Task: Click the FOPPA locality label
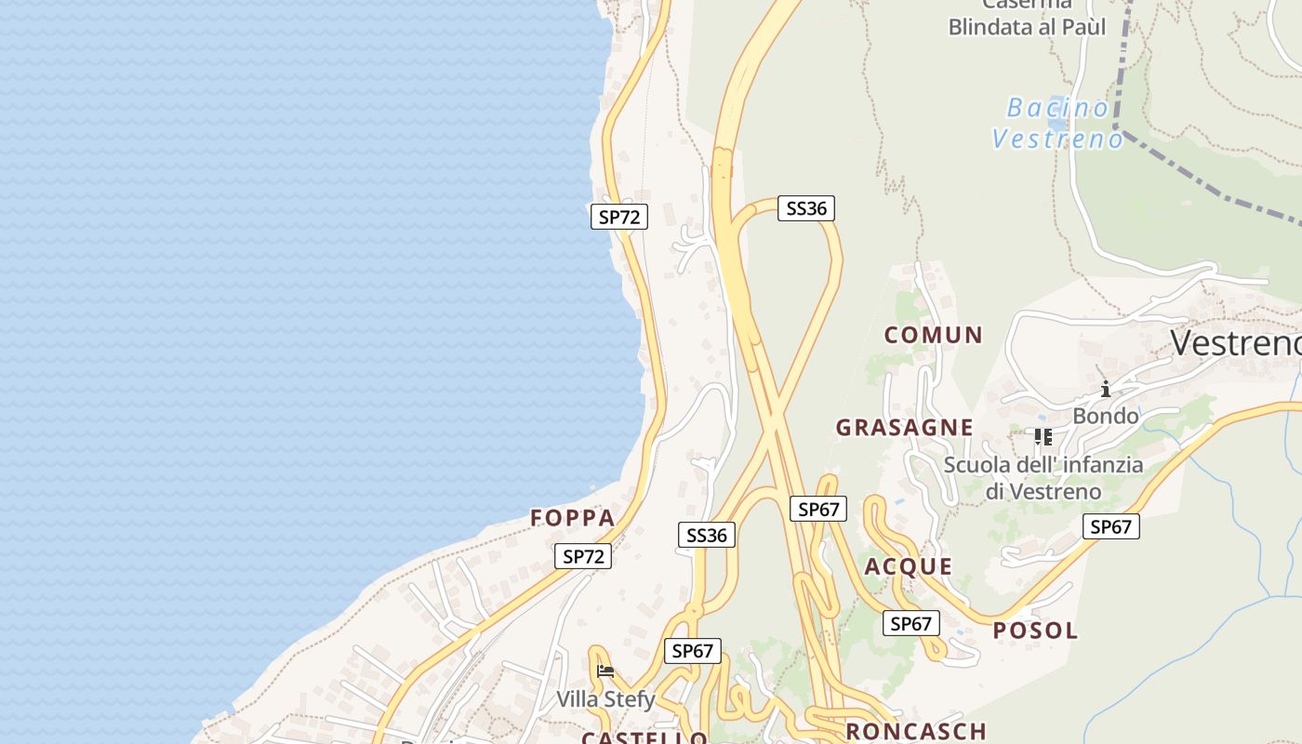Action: click(x=573, y=518)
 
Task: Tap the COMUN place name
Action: click(x=933, y=335)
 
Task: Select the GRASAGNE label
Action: click(x=904, y=428)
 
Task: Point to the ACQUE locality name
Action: click(x=909, y=566)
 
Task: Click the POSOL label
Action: click(x=1035, y=631)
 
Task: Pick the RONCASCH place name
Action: click(x=915, y=731)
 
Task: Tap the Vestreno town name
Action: click(x=1235, y=343)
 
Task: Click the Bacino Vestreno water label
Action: click(x=1058, y=124)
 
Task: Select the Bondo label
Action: click(x=1105, y=416)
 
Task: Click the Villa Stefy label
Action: click(x=605, y=699)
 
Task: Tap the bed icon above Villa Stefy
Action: click(x=605, y=671)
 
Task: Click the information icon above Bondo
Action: click(x=1105, y=389)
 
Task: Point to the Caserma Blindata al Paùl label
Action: click(x=1027, y=19)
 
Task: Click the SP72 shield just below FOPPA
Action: click(x=583, y=556)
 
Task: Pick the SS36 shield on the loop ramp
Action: click(x=806, y=208)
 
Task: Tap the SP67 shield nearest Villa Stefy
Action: click(x=692, y=651)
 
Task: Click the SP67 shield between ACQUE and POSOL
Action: click(x=910, y=623)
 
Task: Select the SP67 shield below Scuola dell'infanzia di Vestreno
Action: click(x=1110, y=526)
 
